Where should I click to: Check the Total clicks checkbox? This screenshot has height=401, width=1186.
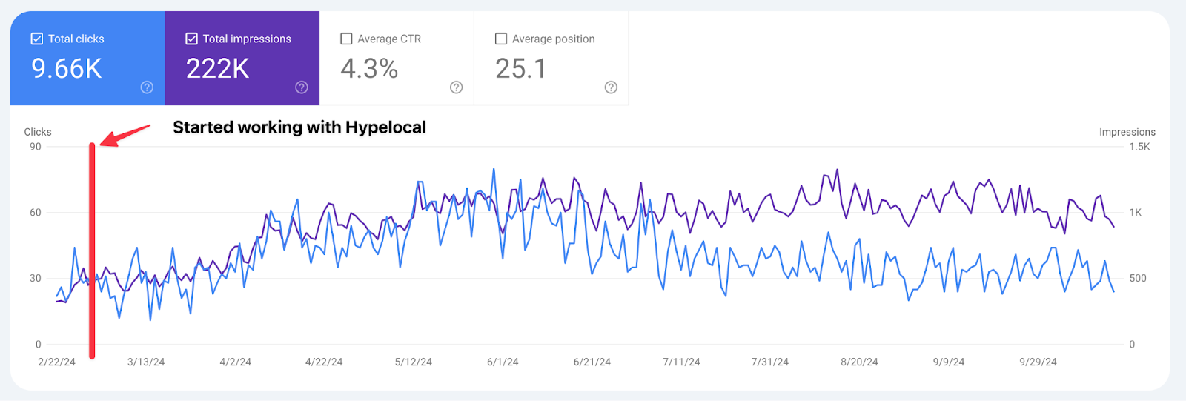click(37, 39)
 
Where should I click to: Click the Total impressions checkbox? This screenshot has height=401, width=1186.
click(191, 39)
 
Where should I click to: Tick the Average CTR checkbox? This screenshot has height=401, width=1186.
click(346, 39)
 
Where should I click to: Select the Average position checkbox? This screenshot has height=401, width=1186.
click(501, 39)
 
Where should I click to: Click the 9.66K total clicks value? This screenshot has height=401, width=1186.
click(66, 69)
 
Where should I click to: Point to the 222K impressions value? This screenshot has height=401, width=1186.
click(217, 69)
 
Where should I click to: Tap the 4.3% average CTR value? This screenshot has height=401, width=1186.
click(369, 69)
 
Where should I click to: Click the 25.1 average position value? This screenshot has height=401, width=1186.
click(521, 69)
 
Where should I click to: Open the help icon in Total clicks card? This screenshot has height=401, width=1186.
click(147, 87)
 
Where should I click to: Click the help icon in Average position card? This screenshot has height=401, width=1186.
click(611, 87)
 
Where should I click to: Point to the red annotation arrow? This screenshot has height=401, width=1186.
click(125, 134)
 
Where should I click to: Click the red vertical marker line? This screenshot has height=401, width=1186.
click(92, 252)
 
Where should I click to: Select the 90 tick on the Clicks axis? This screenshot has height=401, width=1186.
click(36, 147)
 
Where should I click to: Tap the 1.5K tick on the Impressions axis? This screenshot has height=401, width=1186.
click(1139, 147)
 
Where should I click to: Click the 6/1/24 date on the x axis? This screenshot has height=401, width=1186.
click(503, 362)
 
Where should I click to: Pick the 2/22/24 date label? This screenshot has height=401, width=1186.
click(57, 362)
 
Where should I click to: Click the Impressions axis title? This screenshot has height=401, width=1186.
click(1127, 132)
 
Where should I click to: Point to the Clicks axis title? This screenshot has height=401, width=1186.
click(38, 132)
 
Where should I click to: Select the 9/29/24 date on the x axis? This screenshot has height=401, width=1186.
click(1038, 362)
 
